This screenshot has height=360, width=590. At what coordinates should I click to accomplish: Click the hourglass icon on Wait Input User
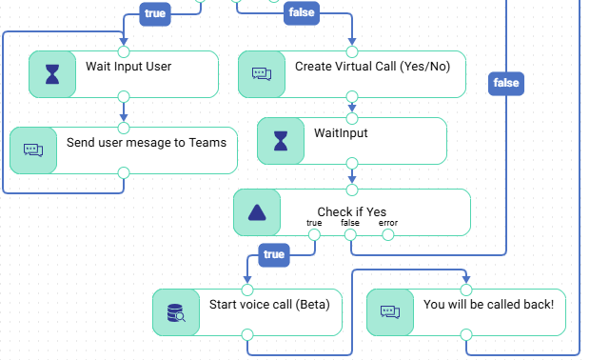pyautogui.click(x=52, y=74)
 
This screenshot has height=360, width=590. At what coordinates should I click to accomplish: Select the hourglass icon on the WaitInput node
pyautogui.click(x=281, y=141)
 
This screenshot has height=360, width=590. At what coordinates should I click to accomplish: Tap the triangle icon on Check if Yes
pyautogui.click(x=257, y=212)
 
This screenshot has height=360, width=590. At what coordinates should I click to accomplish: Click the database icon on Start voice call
pyautogui.click(x=176, y=312)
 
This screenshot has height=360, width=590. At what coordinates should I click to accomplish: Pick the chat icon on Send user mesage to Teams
pyautogui.click(x=33, y=150)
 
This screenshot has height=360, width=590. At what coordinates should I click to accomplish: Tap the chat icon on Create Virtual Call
pyautogui.click(x=262, y=73)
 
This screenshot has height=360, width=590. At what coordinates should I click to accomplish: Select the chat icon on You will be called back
pyautogui.click(x=390, y=311)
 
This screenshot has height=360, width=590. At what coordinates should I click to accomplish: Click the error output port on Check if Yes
pyautogui.click(x=388, y=235)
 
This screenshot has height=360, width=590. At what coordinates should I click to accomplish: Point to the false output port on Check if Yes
pyautogui.click(x=350, y=235)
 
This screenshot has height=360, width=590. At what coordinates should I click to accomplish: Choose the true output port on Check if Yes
pyautogui.click(x=314, y=235)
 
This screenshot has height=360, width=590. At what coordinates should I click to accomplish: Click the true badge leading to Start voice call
pyautogui.click(x=274, y=255)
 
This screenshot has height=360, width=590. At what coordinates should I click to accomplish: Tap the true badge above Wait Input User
pyautogui.click(x=155, y=14)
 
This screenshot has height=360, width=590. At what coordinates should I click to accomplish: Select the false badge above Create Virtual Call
pyautogui.click(x=302, y=12)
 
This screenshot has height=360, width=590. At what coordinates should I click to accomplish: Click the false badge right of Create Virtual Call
pyautogui.click(x=506, y=83)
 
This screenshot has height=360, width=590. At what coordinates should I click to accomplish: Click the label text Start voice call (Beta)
pyautogui.click(x=269, y=304)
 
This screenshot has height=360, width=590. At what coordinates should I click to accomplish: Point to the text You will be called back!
pyautogui.click(x=488, y=304)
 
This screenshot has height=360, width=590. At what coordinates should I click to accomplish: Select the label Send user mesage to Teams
pyautogui.click(x=147, y=143)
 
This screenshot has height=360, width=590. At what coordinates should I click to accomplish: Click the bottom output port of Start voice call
pyautogui.click(x=247, y=334)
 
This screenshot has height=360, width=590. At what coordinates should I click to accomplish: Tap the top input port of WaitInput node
pyautogui.click(x=352, y=119)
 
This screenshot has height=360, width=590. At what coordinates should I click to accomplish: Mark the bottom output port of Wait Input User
pyautogui.click(x=124, y=97)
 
